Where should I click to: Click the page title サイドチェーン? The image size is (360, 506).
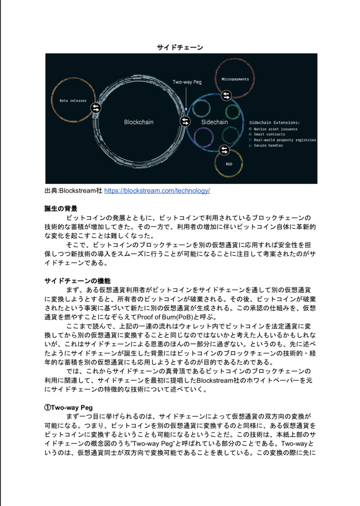180,47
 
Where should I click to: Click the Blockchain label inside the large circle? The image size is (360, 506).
138,121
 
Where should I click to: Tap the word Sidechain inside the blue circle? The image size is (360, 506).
214,122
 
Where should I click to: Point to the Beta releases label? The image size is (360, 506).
73,100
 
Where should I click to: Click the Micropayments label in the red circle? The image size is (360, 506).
234,79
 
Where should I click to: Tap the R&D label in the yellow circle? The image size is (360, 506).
229,164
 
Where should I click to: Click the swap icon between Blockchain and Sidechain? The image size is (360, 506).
185,121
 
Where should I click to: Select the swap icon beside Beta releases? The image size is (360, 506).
95,107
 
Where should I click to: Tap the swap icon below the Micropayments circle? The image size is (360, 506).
226,95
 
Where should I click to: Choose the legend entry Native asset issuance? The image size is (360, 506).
275,128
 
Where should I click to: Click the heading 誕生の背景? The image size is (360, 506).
61,208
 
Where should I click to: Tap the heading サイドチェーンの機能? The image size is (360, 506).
77,281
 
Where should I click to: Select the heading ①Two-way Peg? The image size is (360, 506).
68,407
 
